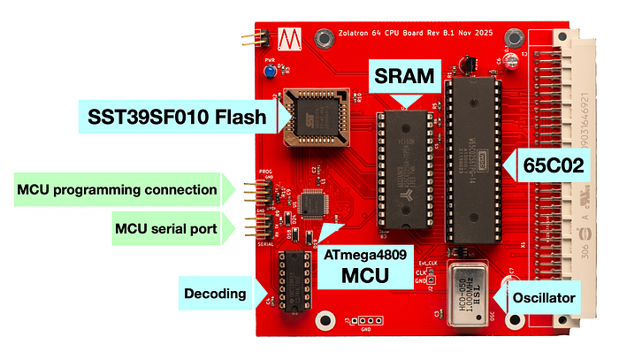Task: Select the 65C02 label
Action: pos(553,165)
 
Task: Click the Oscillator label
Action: pos(546,298)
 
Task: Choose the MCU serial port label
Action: pos(167,229)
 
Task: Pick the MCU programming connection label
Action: pos(117,188)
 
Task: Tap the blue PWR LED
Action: pos(264,73)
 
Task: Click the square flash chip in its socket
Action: pos(314,114)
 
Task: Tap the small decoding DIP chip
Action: pos(294,281)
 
